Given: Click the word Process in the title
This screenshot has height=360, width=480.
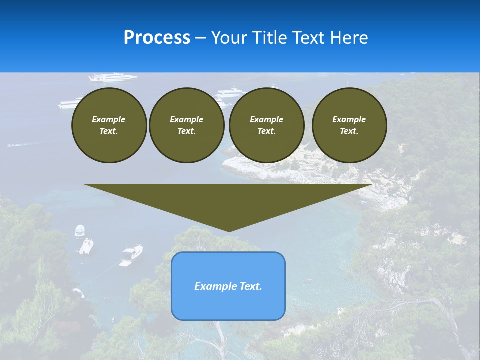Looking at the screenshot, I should pos(157,38).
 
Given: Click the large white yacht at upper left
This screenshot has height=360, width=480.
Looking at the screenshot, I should pos(112,77).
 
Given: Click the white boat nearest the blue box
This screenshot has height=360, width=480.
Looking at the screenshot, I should pos(131,254).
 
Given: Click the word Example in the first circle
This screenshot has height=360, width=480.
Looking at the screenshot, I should pos(109,119).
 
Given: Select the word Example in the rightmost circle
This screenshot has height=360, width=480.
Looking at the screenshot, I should pos(349,119).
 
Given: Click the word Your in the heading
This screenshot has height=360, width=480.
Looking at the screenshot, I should pos(228,38).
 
